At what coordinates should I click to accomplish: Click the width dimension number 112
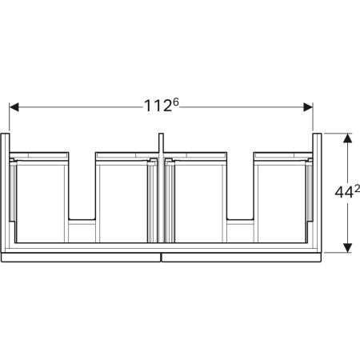point(158,106)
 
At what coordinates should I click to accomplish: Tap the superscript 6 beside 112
point(175,102)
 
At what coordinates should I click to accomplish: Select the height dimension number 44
point(344,192)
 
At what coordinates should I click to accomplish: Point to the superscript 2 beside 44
point(357,189)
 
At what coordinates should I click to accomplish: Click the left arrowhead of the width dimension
point(14,107)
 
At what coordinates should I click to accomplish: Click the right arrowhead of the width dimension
point(308,107)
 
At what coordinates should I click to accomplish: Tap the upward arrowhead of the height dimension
point(347,138)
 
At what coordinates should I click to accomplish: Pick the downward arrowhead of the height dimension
point(347,248)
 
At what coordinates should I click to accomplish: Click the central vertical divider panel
point(161,188)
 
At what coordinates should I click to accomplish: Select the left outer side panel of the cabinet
point(5,193)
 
